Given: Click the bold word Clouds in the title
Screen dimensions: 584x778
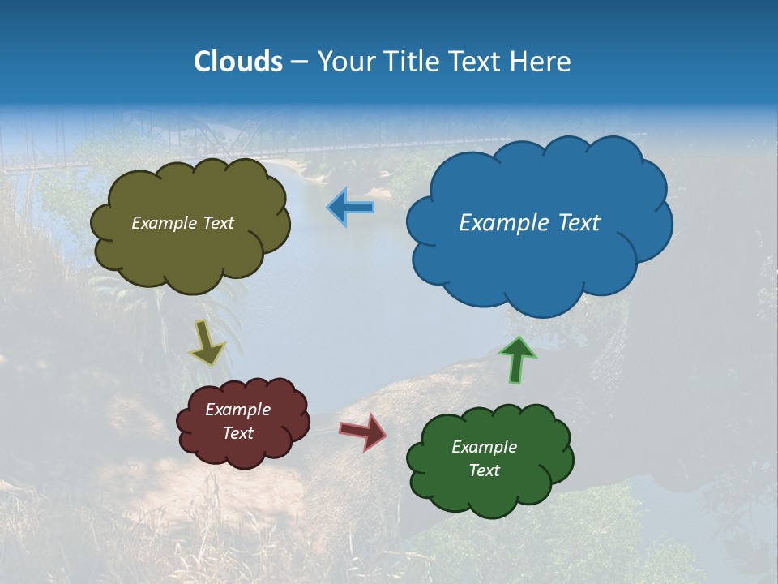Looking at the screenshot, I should (238, 62).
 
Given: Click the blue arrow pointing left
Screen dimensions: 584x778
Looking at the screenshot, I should (351, 208).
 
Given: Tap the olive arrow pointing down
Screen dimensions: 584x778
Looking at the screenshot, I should (207, 342).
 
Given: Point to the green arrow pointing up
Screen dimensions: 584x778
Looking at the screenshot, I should (516, 359).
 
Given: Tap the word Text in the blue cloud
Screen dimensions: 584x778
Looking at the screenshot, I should (580, 223).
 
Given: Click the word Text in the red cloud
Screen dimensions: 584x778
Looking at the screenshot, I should (237, 433).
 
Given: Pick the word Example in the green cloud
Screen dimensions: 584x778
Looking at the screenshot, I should (484, 447).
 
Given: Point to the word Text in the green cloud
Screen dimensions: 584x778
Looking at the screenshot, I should (484, 470).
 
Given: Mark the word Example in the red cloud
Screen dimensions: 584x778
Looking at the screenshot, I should (237, 410).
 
